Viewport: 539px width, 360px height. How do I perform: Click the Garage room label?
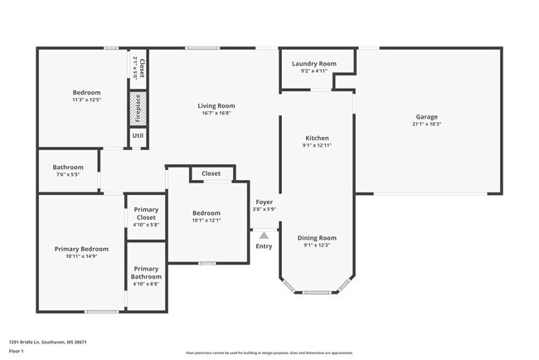click(x=427, y=116)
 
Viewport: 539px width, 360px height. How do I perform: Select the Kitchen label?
click(x=317, y=138)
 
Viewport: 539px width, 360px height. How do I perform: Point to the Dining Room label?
click(x=317, y=237)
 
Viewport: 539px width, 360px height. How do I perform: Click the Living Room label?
click(x=216, y=105)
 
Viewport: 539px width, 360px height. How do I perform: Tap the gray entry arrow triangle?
click(x=264, y=236)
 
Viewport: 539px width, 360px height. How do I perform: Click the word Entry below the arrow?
click(x=264, y=246)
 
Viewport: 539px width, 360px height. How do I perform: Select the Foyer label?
click(x=264, y=202)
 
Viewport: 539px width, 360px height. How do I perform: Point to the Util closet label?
click(x=138, y=134)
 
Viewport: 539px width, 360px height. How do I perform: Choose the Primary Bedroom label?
click(x=81, y=249)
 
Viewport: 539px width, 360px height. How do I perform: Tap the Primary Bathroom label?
click(x=145, y=272)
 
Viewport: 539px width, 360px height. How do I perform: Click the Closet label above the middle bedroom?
click(x=211, y=173)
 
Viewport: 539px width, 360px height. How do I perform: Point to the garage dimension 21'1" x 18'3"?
click(x=427, y=124)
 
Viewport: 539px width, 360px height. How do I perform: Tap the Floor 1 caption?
click(x=17, y=351)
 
